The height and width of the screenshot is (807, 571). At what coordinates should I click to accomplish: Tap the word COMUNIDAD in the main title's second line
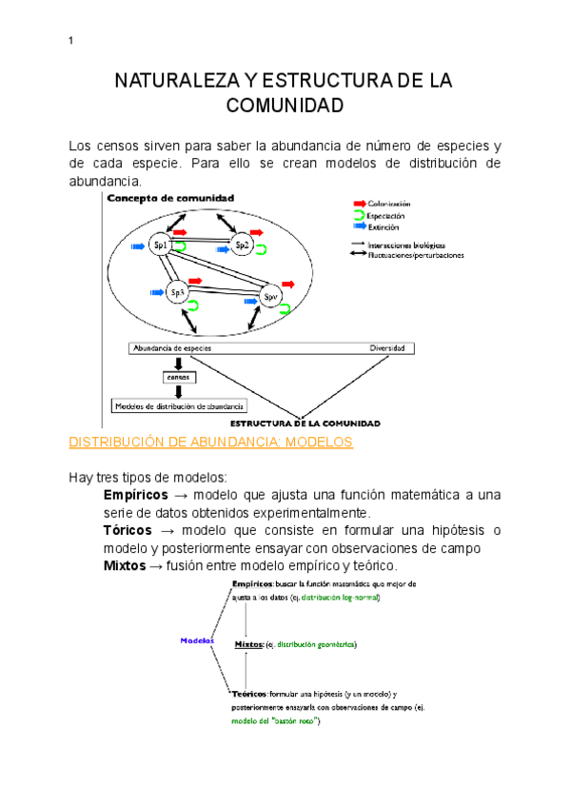tap(285, 106)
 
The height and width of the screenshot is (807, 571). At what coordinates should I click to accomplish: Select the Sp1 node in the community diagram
tap(160, 246)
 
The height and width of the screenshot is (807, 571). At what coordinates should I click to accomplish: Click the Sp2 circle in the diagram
tap(243, 246)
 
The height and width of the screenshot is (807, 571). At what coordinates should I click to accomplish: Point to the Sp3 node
tap(177, 292)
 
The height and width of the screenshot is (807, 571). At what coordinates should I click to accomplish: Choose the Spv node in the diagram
tap(270, 297)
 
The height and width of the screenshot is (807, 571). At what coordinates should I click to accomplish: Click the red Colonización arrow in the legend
tap(359, 204)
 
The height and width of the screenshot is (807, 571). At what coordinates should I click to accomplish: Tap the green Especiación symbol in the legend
tap(359, 216)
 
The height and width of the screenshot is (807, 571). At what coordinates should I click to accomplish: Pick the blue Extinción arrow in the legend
tap(359, 227)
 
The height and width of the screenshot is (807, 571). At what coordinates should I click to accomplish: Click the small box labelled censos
tap(178, 377)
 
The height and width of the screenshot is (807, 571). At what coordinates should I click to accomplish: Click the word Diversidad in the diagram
tap(387, 348)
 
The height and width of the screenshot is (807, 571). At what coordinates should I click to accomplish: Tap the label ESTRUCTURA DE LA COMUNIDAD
tap(306, 423)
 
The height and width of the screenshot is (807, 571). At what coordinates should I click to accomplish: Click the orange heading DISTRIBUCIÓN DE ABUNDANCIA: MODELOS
tap(211, 443)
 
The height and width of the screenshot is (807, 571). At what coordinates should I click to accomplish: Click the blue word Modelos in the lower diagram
tap(196, 640)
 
